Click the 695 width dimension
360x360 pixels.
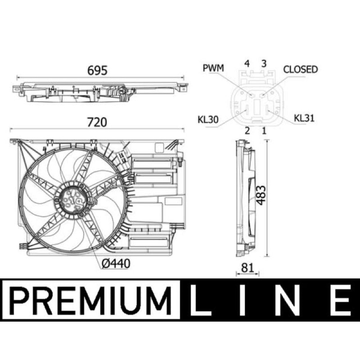pyautogui.click(x=97, y=71)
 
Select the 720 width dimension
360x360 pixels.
pyautogui.click(x=97, y=122)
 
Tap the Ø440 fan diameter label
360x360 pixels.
pyautogui.click(x=116, y=264)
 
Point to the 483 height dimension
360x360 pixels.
pyautogui.click(x=261, y=195)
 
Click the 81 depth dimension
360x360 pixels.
pyautogui.click(x=247, y=268)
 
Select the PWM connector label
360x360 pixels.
pyautogui.click(x=213, y=68)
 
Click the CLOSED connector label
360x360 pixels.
pyautogui.click(x=301, y=69)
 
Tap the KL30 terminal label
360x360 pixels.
pyautogui.click(x=208, y=120)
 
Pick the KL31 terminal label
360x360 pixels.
pyautogui.click(x=304, y=118)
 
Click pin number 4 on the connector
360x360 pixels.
pyautogui.click(x=247, y=63)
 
